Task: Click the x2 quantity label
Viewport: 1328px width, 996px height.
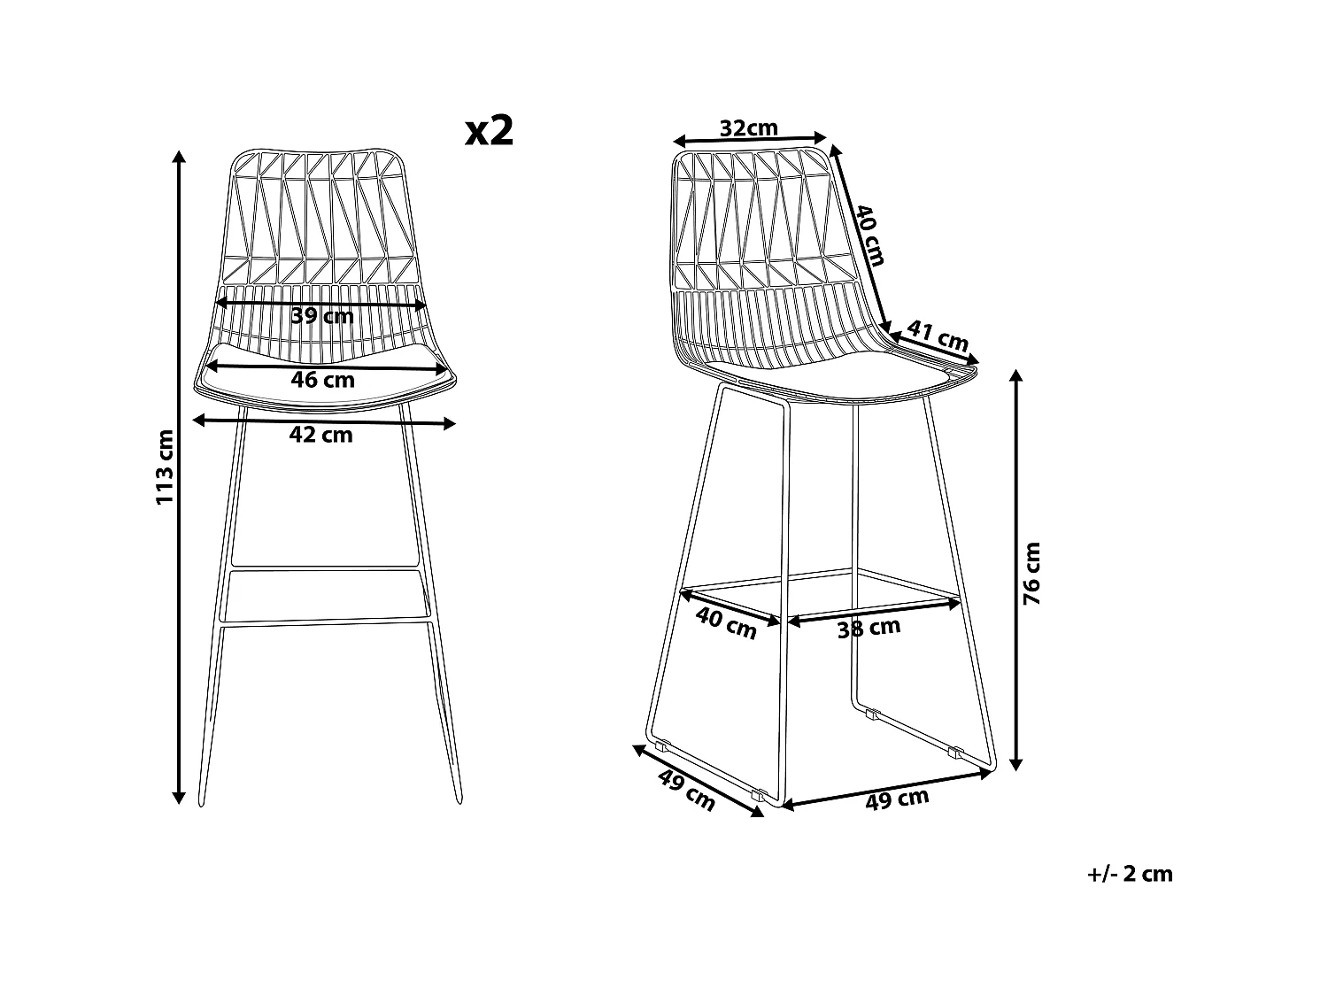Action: click(490, 131)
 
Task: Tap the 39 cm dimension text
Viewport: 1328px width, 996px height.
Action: click(322, 315)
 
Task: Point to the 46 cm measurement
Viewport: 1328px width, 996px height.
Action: click(322, 380)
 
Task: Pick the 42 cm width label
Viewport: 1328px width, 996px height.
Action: click(322, 435)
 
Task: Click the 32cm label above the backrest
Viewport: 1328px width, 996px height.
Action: click(748, 127)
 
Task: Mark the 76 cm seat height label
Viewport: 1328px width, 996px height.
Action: click(1032, 574)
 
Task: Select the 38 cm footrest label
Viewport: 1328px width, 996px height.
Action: click(869, 628)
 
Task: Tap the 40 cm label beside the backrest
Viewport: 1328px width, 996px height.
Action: click(869, 235)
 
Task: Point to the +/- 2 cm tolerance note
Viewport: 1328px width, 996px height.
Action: click(1129, 874)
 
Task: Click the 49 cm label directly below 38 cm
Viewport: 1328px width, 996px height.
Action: click(897, 799)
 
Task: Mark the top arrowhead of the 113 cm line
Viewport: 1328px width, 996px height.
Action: click(180, 156)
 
